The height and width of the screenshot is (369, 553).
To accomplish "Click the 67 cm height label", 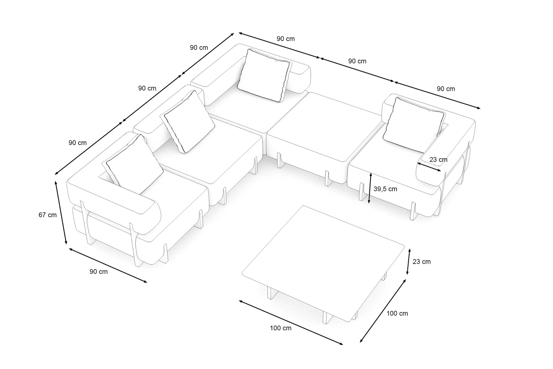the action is pos(48,215).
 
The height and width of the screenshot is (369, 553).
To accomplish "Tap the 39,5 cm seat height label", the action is pos(385,189).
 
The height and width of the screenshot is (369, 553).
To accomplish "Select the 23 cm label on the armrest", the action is pos(438,160).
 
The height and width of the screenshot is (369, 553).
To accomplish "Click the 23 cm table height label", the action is pos(422,262).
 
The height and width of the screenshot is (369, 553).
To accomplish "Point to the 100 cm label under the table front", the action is pos(281,328).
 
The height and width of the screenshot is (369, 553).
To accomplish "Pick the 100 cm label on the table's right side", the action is pos(397,313).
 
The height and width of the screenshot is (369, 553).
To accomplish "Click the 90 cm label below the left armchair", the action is pos(99,272).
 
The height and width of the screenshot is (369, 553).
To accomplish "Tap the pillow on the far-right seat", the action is pos(414,125).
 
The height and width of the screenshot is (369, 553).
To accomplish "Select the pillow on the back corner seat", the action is pos(264,75).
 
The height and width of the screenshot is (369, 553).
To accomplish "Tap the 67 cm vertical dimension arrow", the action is pos(61,213).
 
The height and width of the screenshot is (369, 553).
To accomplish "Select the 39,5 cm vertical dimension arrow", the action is pos(370,188).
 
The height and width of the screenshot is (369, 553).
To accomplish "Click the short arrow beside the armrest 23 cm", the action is pos(429,167).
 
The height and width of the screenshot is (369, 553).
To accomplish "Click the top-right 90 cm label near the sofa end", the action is pos(446,89).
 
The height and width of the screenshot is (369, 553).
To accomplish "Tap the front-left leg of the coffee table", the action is pos(270,293).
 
